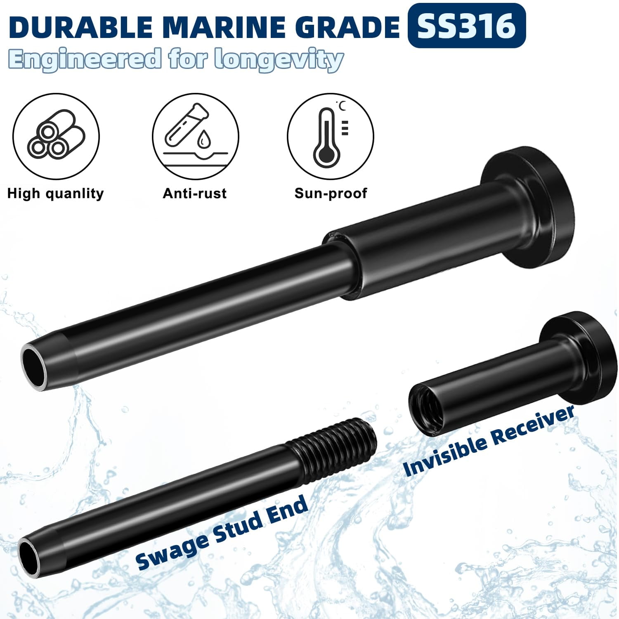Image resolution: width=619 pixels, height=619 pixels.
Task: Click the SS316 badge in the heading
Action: pyautogui.click(x=466, y=26)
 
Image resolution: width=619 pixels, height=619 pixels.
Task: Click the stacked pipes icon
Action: pyautogui.click(x=56, y=136)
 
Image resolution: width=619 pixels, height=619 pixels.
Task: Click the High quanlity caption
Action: pyautogui.click(x=56, y=194)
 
